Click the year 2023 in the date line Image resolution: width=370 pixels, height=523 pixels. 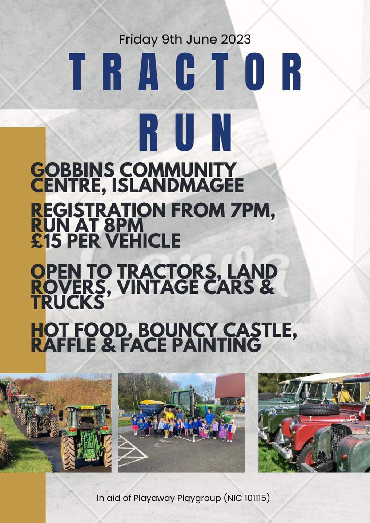pyautogui.click(x=236, y=39)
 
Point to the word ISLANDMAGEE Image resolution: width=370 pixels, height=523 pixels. pyautogui.click(x=178, y=186)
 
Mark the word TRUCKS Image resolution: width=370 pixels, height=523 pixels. pyautogui.click(x=67, y=302)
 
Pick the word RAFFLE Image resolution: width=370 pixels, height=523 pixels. pyautogui.click(x=63, y=345)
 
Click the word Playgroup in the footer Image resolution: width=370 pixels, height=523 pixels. pyautogui.click(x=199, y=498)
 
